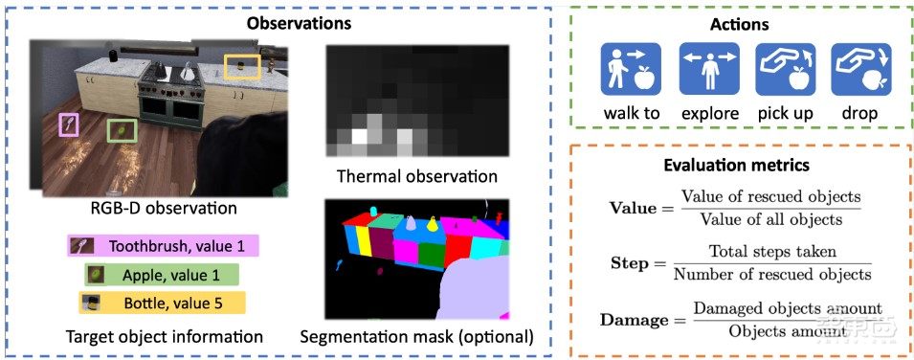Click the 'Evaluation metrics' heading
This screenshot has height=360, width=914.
[x=736, y=165]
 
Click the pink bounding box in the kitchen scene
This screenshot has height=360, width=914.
[x=68, y=124]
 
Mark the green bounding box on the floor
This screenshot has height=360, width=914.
[x=121, y=131]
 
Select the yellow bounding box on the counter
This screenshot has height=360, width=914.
[x=241, y=66]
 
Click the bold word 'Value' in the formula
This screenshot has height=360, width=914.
[x=632, y=207]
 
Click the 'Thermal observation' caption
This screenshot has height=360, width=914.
[x=417, y=176]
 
